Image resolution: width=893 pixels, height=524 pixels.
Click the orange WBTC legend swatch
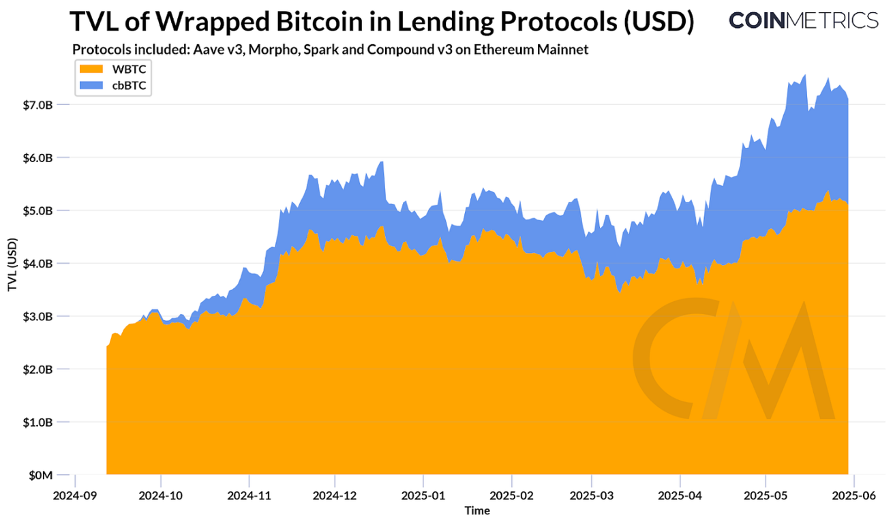(92, 69)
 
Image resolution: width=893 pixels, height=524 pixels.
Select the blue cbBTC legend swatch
(92, 84)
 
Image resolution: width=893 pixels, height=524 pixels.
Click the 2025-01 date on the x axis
(423, 495)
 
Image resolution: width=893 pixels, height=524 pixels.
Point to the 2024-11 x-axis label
(249, 495)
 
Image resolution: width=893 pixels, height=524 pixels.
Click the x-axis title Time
(477, 510)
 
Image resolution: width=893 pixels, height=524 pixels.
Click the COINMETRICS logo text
(803, 20)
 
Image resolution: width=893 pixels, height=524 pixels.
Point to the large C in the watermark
(671, 358)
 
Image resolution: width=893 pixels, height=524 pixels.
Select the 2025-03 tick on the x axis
(592, 495)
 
